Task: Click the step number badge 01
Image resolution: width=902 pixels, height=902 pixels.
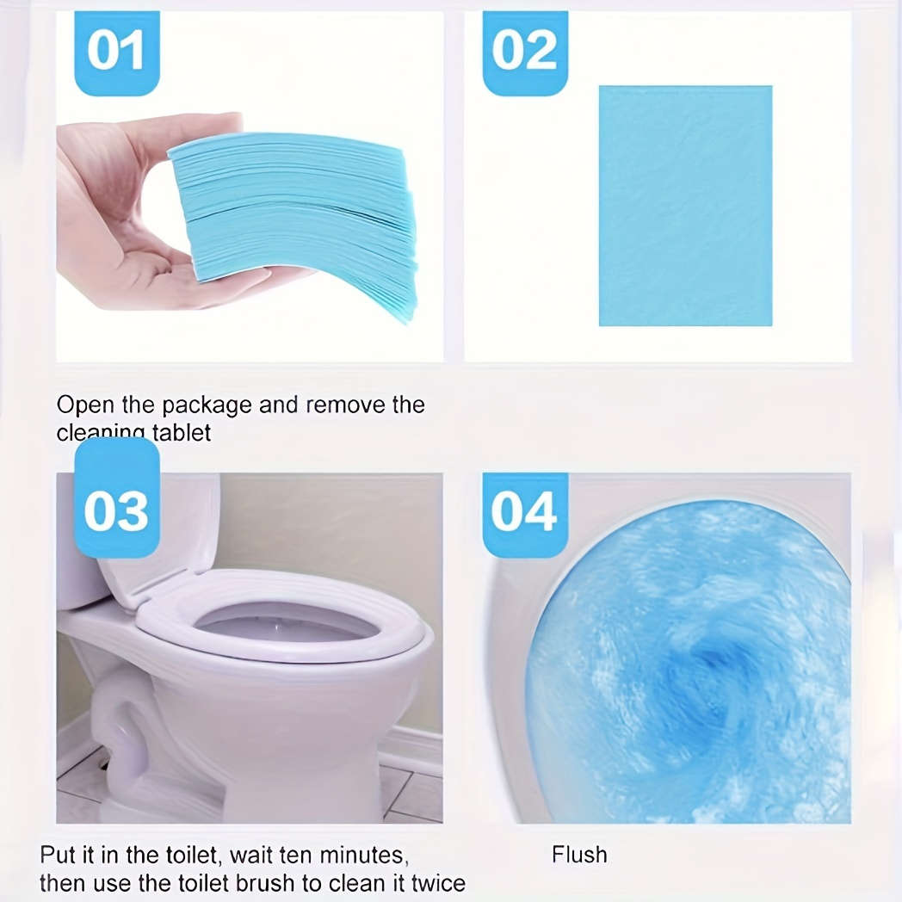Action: tap(116, 52)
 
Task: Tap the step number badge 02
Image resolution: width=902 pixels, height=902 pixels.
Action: tap(524, 52)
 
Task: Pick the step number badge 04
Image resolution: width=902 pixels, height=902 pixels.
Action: tap(524, 513)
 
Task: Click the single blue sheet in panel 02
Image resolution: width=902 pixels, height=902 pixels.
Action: tap(685, 207)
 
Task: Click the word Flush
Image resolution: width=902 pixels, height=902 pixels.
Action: tap(579, 855)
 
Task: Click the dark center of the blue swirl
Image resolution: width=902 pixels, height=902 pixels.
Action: tap(710, 663)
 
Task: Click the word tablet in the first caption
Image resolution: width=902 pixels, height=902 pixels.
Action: tap(182, 432)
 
